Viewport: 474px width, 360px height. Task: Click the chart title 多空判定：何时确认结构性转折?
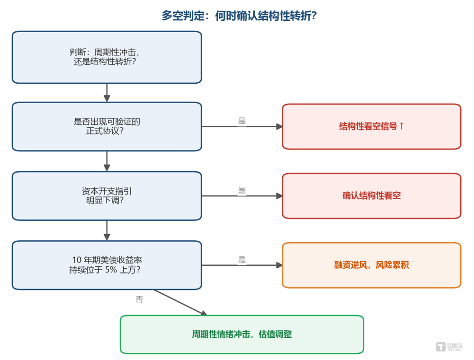point(239,16)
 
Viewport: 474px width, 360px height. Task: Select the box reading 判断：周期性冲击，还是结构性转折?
point(107,57)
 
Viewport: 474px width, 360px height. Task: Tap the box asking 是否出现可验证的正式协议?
point(107,126)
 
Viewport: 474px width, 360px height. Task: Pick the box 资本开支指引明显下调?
point(107,196)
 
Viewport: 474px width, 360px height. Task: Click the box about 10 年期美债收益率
point(107,265)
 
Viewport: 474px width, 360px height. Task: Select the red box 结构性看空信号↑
point(372,126)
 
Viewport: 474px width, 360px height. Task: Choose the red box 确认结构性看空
point(372,196)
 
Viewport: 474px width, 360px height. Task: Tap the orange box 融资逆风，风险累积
point(372,265)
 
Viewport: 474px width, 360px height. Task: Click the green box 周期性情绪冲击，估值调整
point(242,334)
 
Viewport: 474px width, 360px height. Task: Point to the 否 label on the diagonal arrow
point(139,299)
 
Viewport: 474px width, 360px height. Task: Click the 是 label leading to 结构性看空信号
point(242,121)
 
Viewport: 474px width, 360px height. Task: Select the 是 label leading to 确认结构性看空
point(242,190)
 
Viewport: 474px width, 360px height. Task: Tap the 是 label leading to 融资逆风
point(242,259)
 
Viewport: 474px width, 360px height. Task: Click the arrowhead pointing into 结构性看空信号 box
point(279,126)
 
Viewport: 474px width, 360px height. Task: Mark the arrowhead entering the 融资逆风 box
point(279,265)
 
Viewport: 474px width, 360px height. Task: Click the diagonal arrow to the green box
point(180,302)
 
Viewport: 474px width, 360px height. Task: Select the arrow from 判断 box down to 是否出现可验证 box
point(107,93)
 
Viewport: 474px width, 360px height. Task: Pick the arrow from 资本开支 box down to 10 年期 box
point(107,230)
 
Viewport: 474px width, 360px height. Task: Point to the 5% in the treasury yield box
point(111,269)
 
